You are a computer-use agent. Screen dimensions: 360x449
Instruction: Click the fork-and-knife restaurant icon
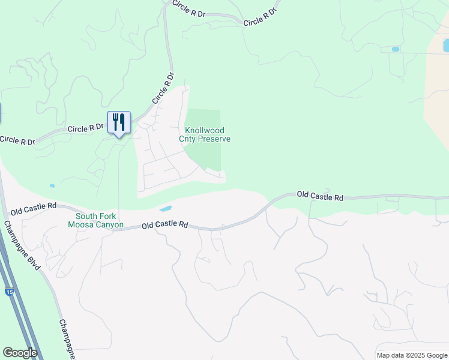[119, 122]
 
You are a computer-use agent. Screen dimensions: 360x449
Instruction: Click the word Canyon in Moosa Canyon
[109, 225]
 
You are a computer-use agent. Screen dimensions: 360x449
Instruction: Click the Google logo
[20, 353]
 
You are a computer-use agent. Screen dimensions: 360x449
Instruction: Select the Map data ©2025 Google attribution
[412, 355]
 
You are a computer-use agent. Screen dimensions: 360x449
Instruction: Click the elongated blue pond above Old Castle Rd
[165, 209]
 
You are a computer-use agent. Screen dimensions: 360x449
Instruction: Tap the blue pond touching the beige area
[445, 45]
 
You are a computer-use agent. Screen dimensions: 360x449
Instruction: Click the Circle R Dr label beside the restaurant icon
[86, 128]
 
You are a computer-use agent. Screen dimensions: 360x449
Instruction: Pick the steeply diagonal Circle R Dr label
[163, 88]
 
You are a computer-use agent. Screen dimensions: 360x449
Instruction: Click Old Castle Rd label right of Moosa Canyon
[165, 226]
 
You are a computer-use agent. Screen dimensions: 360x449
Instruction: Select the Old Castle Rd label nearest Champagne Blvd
[34, 208]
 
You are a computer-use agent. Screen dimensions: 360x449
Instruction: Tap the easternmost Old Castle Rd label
[320, 196]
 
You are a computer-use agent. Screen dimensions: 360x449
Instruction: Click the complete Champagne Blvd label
[22, 245]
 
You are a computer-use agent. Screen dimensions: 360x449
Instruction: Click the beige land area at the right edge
[437, 96]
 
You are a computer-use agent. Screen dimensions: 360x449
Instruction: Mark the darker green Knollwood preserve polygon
[204, 153]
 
